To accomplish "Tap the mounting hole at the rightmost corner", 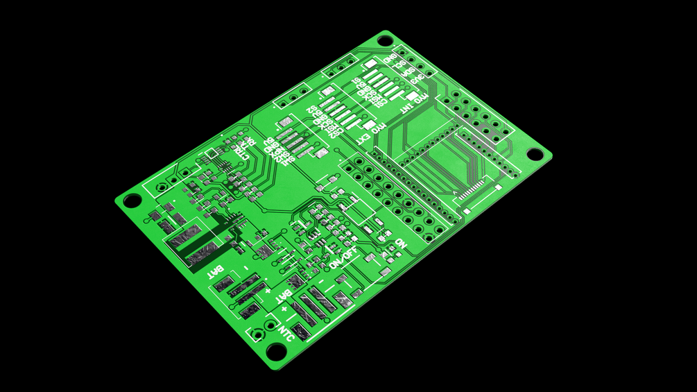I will [535, 153].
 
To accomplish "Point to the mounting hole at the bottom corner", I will [276, 352].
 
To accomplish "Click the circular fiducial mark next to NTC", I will [258, 334].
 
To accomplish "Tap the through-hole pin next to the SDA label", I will [420, 66].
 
